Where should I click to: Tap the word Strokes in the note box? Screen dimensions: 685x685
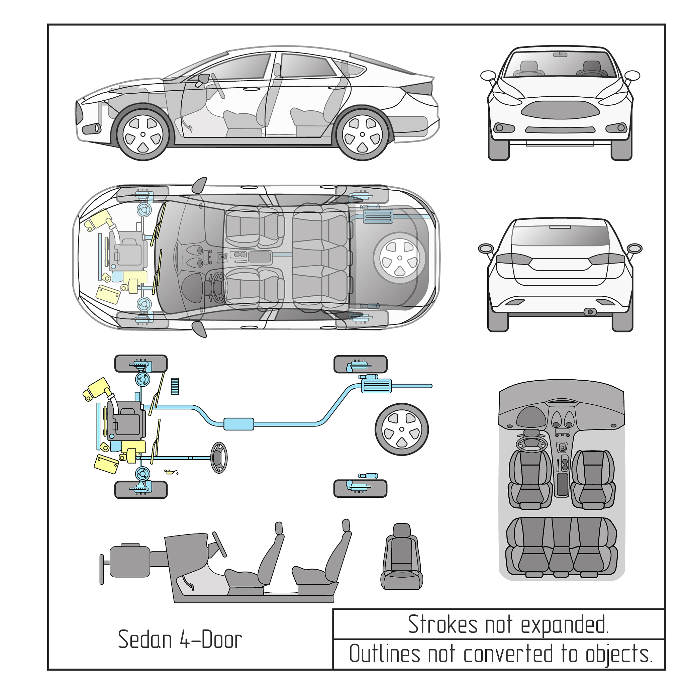(443, 624)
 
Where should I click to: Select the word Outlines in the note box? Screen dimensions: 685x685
(385, 654)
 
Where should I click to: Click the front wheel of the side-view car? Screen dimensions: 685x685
(143, 134)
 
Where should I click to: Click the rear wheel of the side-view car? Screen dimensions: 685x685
(362, 134)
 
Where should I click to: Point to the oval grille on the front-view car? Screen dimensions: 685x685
(560, 110)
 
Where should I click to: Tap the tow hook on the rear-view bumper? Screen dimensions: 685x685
(590, 312)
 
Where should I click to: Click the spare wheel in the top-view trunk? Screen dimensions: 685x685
(400, 258)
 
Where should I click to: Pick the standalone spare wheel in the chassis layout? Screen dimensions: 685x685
(402, 429)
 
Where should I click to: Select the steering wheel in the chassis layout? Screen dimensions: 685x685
(219, 458)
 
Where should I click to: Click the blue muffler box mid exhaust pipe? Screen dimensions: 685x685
(238, 424)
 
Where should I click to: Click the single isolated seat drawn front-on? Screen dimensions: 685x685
(402, 557)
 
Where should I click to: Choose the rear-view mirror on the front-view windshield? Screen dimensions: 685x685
(560, 55)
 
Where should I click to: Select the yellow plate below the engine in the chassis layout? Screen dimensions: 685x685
(106, 464)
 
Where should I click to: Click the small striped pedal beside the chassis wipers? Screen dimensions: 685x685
(175, 386)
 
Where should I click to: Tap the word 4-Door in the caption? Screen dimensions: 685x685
(211, 640)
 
